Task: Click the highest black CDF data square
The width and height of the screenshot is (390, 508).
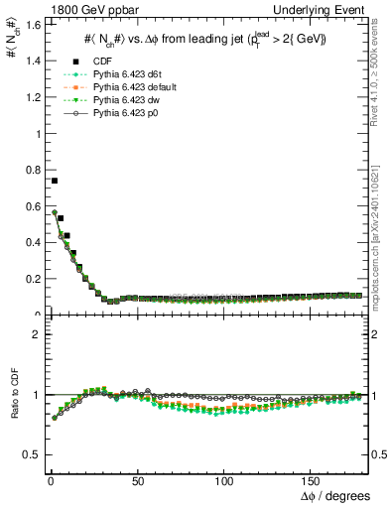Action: tap(55, 181)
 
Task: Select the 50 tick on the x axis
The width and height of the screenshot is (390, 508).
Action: tap(138, 480)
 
